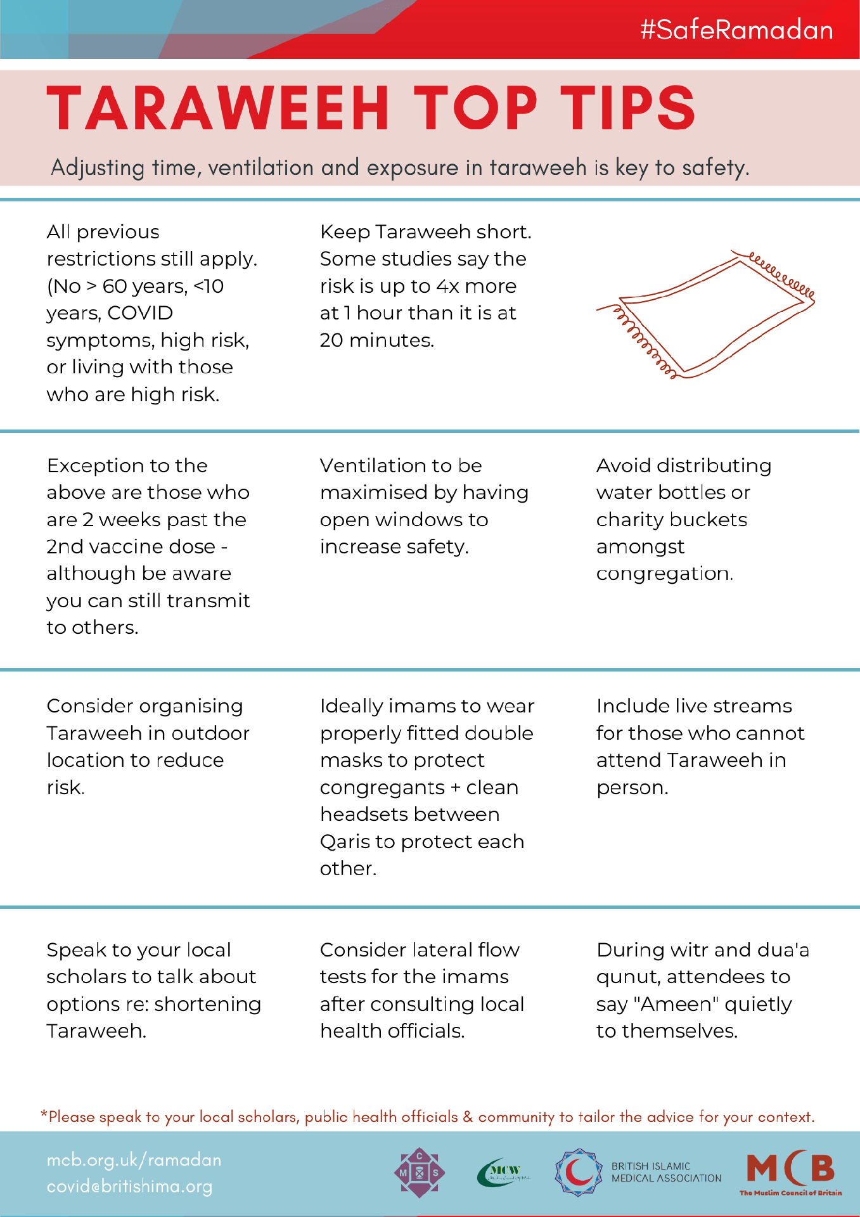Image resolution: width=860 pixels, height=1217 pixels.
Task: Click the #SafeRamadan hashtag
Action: [736, 30]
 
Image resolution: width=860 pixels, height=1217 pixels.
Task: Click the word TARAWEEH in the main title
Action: [218, 108]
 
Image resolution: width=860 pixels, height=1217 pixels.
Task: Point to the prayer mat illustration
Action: [705, 314]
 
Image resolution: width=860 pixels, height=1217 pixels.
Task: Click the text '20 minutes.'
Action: [376, 340]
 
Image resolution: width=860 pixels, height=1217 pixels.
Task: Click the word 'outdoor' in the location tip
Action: [210, 733]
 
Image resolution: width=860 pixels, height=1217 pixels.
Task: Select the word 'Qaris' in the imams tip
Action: [345, 842]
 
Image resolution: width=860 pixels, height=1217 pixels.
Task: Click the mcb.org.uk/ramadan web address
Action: [134, 1160]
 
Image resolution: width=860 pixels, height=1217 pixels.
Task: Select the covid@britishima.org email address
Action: [129, 1187]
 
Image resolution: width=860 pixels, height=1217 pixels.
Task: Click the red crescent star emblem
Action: [579, 1173]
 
